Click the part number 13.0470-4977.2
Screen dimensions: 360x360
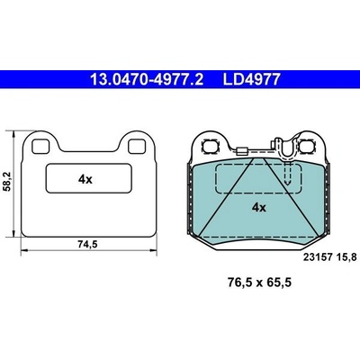tap(147, 80)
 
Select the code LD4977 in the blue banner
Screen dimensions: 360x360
tap(251, 80)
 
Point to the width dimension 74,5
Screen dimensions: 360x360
tap(88, 245)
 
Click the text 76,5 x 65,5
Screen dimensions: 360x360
tap(259, 283)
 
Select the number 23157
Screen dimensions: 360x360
tap(318, 257)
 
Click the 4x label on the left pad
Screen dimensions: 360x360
tap(85, 179)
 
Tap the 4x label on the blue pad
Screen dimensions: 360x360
tap(258, 207)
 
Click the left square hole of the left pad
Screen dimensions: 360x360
tap(40, 147)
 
